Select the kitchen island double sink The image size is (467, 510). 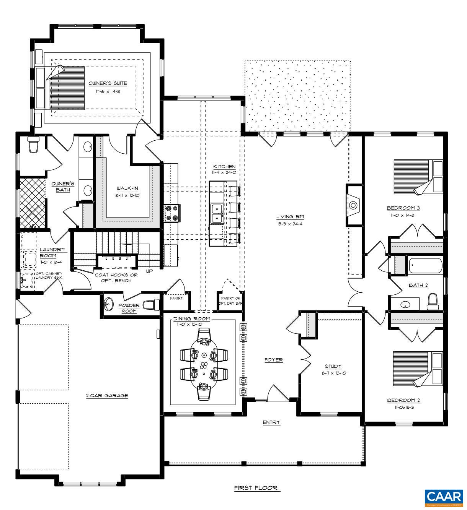(217, 213)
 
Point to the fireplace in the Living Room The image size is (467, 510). (353, 205)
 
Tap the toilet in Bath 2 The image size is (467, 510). (433, 302)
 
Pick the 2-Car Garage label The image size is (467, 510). (106, 396)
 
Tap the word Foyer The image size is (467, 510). (273, 360)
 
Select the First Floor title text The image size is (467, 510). (257, 488)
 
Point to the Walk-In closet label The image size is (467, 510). (127, 188)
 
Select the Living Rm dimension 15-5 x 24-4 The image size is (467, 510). (290, 224)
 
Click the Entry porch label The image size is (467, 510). (271, 422)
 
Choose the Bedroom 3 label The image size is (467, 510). (403, 208)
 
